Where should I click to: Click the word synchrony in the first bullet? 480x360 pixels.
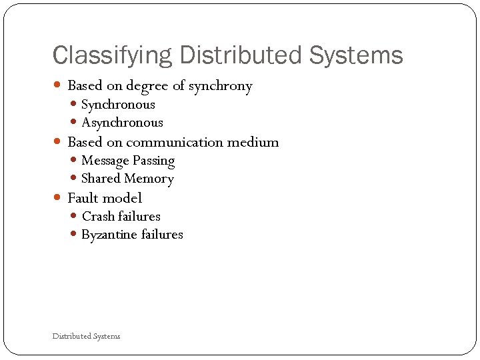click(x=220, y=86)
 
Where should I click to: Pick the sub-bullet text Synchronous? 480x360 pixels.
click(x=118, y=105)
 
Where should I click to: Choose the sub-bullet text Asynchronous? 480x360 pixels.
click(x=122, y=123)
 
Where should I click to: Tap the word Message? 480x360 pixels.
click(x=105, y=161)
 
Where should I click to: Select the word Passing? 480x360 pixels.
click(x=153, y=161)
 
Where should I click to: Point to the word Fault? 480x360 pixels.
click(x=83, y=198)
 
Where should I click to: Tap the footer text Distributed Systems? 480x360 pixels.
click(x=87, y=336)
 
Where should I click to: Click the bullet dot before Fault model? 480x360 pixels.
click(x=58, y=198)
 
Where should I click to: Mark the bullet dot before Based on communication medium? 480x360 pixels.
click(x=58, y=142)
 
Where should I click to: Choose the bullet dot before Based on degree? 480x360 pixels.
click(x=58, y=86)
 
